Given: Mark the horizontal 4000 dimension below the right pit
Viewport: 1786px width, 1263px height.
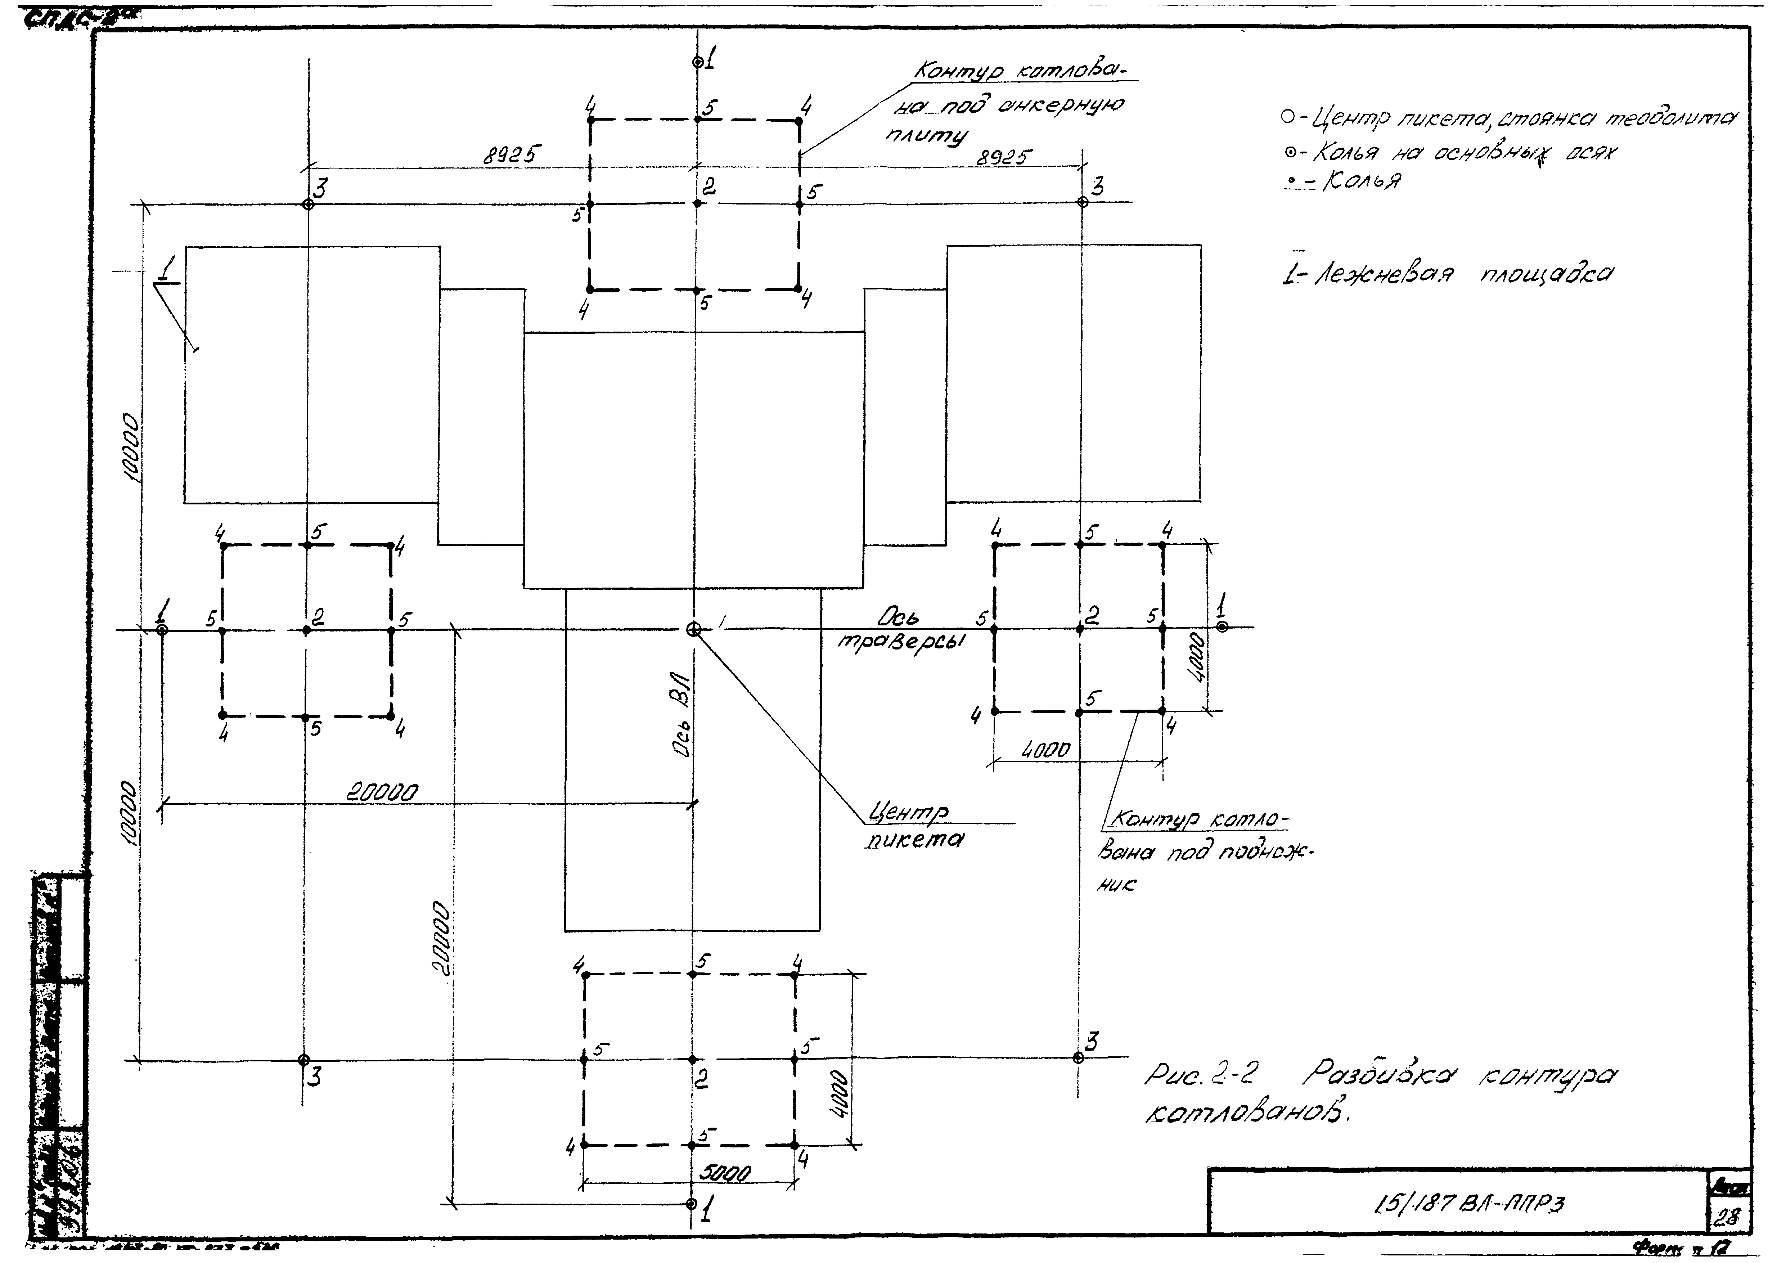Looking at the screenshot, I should (1046, 750).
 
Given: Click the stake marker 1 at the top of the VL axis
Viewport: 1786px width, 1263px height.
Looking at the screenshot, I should (698, 62).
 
